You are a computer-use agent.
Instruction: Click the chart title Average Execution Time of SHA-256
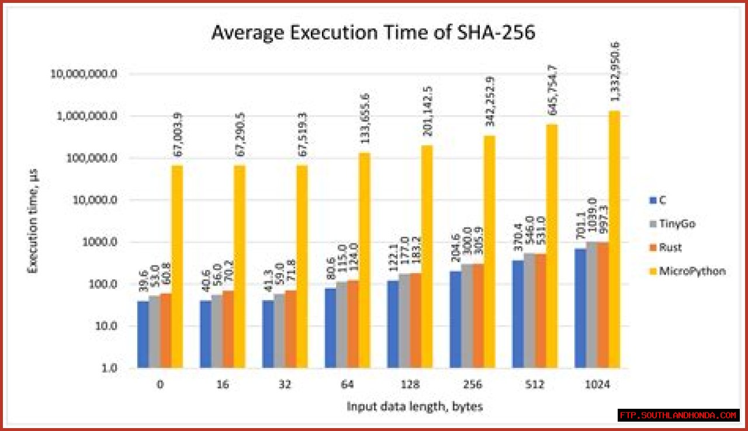(373, 33)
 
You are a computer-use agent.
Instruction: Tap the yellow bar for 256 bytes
(490, 252)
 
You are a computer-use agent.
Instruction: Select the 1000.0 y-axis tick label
(101, 242)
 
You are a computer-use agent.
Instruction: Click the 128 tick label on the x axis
(410, 385)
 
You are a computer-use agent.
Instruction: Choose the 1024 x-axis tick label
(597, 385)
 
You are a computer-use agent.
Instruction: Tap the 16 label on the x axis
(223, 385)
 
